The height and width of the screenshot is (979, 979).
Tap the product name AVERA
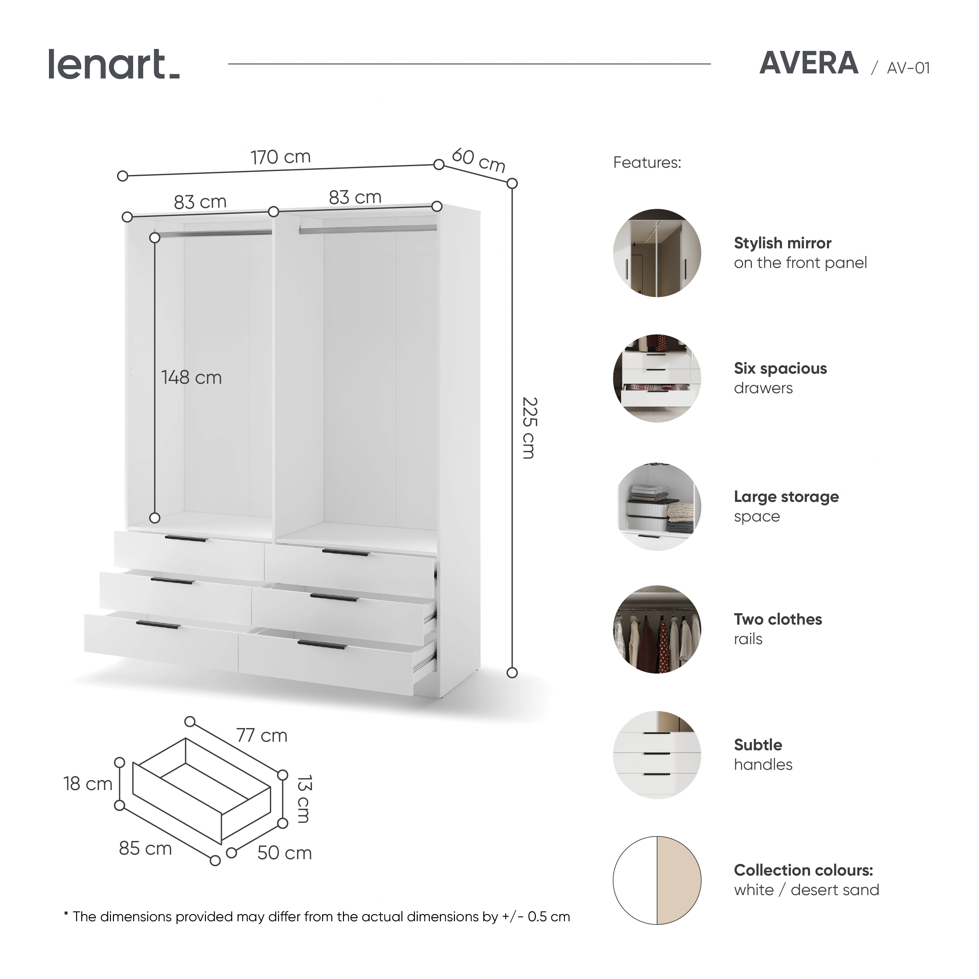[x=809, y=64]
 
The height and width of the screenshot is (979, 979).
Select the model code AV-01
[x=909, y=68]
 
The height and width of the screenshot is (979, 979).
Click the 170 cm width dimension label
[x=280, y=157]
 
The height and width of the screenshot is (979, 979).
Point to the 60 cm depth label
[x=479, y=160]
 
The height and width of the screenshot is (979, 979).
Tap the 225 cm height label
[x=529, y=428]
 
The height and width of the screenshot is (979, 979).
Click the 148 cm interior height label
[x=192, y=378]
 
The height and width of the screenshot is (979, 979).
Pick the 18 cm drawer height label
[x=88, y=784]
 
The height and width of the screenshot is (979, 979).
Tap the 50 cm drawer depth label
[x=284, y=853]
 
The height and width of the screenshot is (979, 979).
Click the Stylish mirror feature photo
[x=657, y=253]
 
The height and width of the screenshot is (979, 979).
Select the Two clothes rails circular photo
[x=657, y=629]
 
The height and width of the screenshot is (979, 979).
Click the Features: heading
[x=647, y=163]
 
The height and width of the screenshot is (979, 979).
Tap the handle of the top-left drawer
[x=186, y=539]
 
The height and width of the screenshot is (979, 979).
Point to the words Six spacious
[x=780, y=368]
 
